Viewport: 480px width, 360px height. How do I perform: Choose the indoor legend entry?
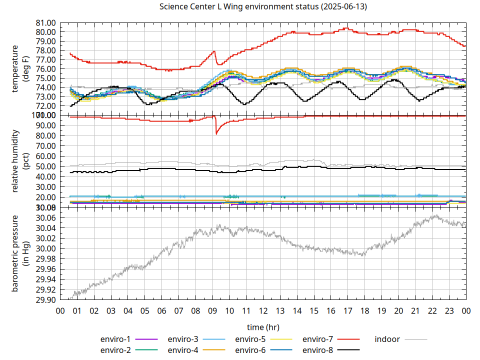pyautogui.click(x=387, y=339)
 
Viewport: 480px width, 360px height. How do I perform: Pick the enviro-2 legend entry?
pyautogui.click(x=115, y=350)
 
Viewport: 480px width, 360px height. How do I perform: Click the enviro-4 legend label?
pyautogui.click(x=182, y=350)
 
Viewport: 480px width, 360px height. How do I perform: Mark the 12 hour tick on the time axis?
pyautogui.click(x=263, y=311)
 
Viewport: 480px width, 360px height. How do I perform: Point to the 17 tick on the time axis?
pyautogui.click(x=347, y=311)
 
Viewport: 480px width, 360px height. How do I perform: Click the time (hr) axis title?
pyautogui.click(x=263, y=327)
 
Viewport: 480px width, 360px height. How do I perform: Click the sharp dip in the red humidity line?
pyautogui.click(x=216, y=133)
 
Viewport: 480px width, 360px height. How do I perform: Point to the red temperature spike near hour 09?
pyautogui.click(x=214, y=51)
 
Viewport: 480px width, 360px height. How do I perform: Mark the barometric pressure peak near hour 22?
pyautogui.click(x=435, y=216)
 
